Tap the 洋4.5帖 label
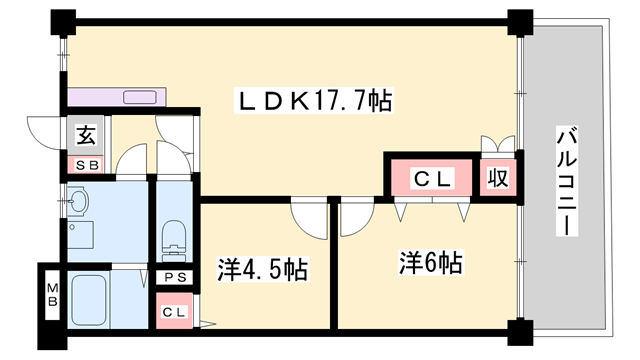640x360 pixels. click(x=262, y=269)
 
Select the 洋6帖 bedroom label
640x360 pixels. click(x=431, y=263)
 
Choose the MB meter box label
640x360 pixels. click(x=49, y=296)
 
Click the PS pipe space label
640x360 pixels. click(x=175, y=277)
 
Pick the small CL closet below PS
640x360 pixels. click(x=174, y=311)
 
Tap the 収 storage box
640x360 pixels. click(x=497, y=179)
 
